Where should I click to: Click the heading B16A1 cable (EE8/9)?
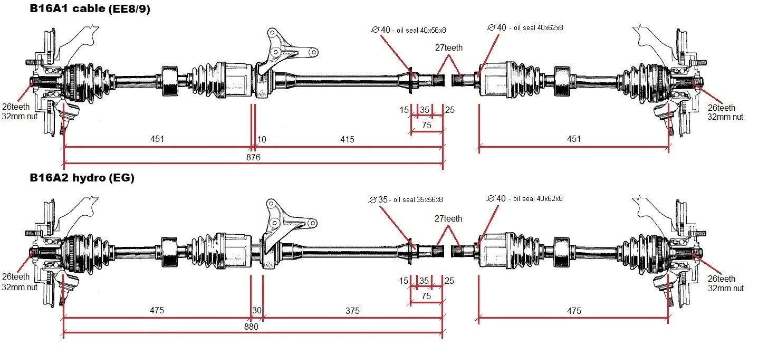click(x=90, y=9)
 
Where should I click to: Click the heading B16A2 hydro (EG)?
click(x=82, y=178)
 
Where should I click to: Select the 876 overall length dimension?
click(x=254, y=157)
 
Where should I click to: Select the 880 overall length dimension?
click(x=252, y=327)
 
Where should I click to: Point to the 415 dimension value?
click(x=347, y=139)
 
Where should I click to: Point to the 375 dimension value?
click(x=352, y=311)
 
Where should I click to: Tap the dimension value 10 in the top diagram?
click(x=261, y=139)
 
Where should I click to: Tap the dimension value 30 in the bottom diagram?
click(x=256, y=311)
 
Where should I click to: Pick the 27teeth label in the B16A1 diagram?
click(x=449, y=47)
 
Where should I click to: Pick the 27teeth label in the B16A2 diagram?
click(x=448, y=218)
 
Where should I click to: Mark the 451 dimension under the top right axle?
click(x=573, y=139)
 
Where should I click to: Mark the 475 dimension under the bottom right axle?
click(x=573, y=311)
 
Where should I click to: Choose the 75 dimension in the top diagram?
click(x=426, y=126)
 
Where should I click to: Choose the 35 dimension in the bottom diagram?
click(x=424, y=281)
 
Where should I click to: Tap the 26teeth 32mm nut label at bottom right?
click(x=725, y=283)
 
